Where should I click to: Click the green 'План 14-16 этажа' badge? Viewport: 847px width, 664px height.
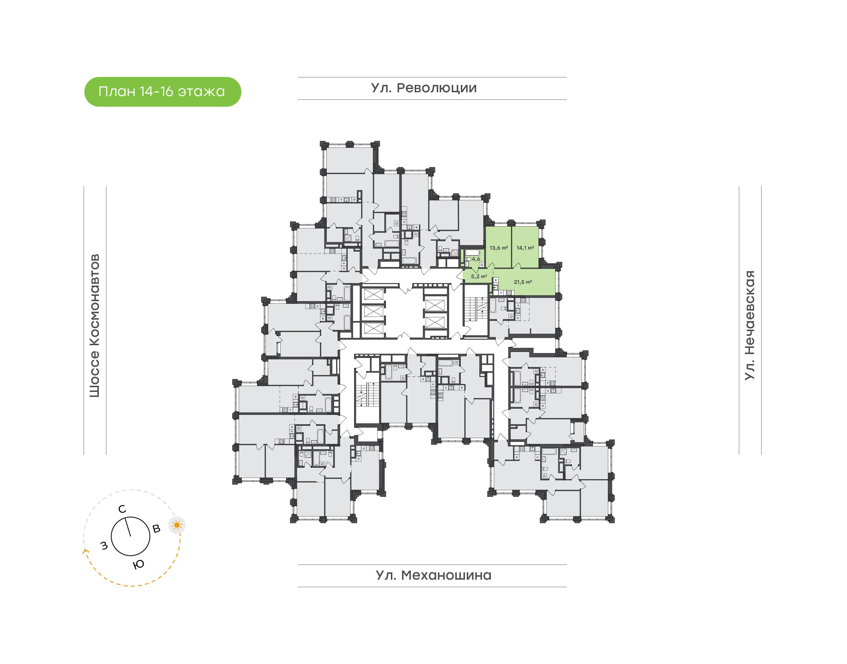[x=163, y=92]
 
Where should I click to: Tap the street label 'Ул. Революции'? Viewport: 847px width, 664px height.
[x=424, y=88]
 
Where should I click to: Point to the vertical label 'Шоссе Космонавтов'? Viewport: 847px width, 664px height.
[x=94, y=326]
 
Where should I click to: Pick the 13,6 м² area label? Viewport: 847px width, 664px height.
[x=498, y=248]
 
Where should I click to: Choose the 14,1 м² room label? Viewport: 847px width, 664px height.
[x=525, y=248]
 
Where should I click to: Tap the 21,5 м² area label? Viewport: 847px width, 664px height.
[x=523, y=282]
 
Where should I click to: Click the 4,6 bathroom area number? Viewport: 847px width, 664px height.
[x=476, y=259]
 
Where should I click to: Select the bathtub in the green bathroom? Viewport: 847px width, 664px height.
[x=473, y=252]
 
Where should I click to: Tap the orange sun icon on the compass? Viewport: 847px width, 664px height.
[x=177, y=526]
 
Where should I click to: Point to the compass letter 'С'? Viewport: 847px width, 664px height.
[x=122, y=509]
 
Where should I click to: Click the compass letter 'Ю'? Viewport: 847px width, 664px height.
[x=139, y=564]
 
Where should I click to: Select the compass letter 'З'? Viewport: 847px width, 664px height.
[x=104, y=546]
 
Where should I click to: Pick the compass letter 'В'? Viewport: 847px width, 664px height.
[x=156, y=529]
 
